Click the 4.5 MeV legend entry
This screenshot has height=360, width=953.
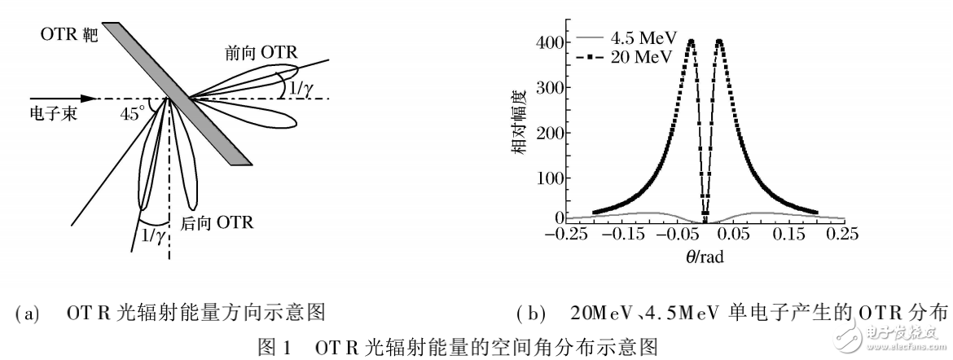coord(626,37)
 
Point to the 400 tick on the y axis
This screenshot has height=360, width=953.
coord(551,42)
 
